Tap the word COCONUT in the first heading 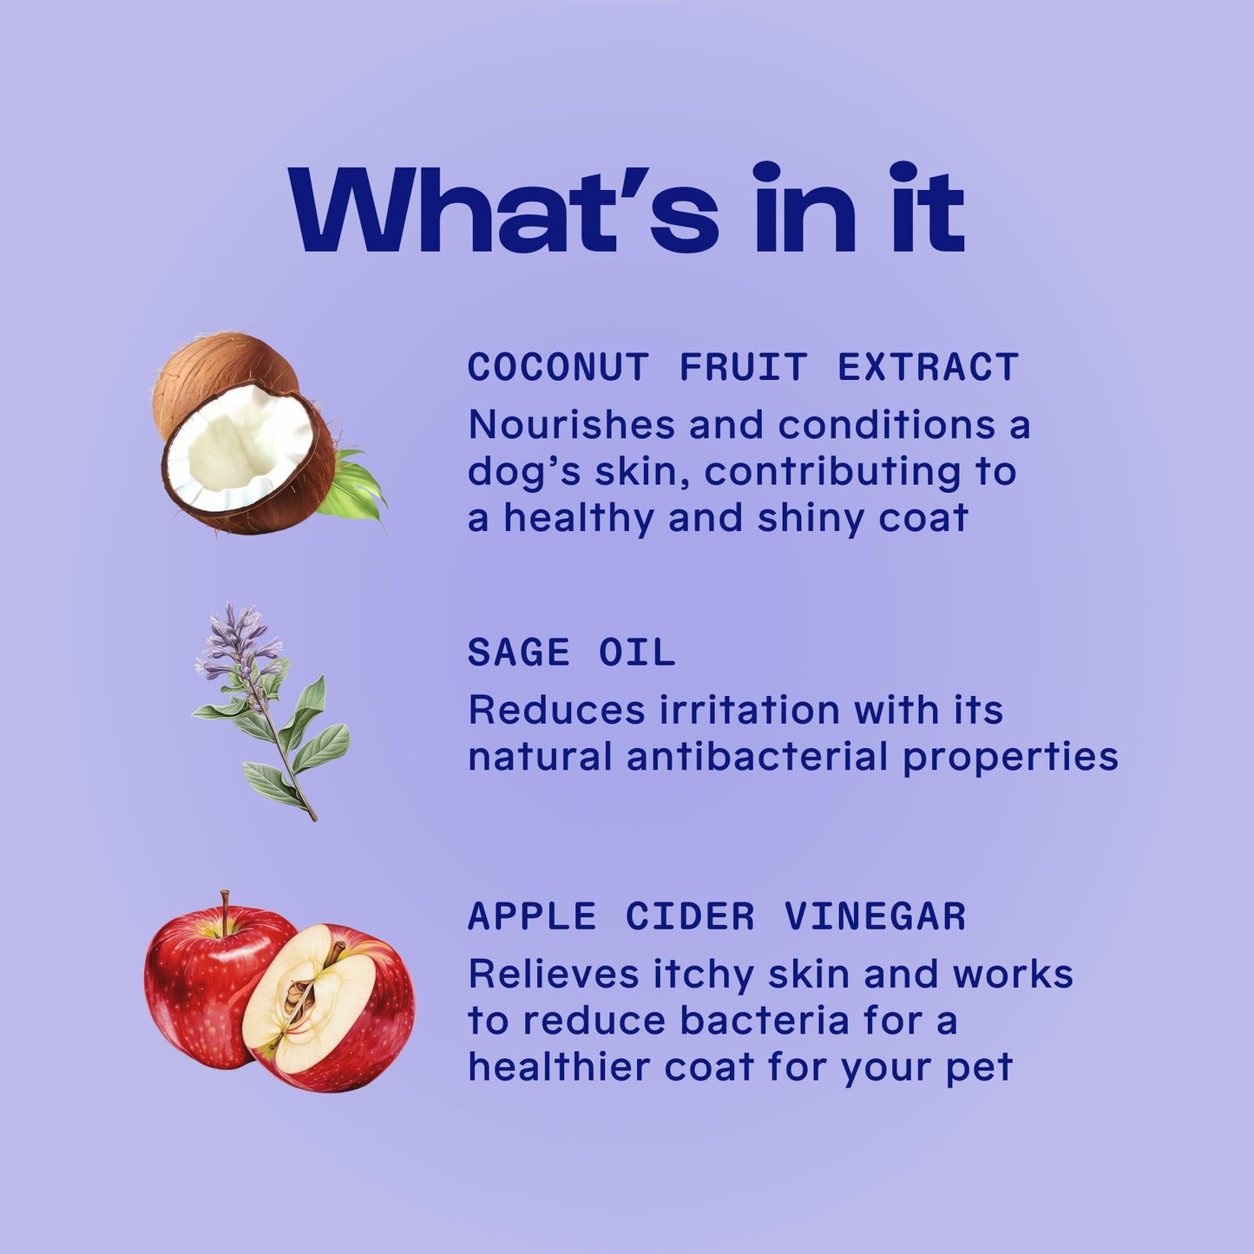[558, 367]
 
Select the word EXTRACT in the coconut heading [928, 367]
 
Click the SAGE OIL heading [571, 652]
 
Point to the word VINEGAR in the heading [876, 916]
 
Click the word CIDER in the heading [691, 916]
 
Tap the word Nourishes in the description [572, 425]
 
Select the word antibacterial [757, 756]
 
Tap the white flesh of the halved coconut [238, 447]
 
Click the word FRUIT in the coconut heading [743, 367]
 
